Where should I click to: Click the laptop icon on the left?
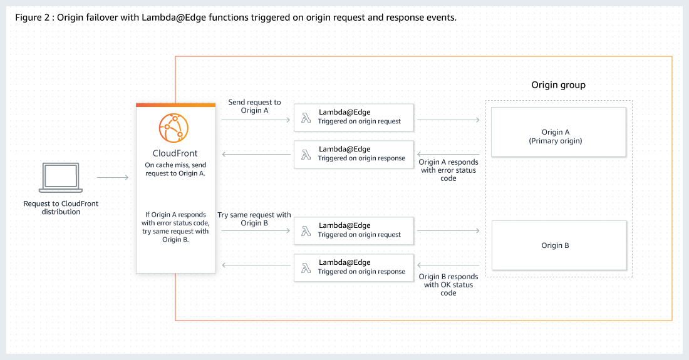[61, 178]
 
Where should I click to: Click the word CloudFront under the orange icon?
[175, 153]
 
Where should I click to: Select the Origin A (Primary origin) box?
[559, 132]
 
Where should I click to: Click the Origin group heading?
[558, 85]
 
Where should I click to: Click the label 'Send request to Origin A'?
[254, 106]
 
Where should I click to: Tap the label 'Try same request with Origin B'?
[254, 219]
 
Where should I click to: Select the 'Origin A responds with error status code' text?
[448, 170]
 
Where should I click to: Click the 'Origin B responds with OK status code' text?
[448, 284]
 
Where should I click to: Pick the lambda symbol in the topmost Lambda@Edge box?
[306, 117]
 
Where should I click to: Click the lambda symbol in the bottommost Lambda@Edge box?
[306, 267]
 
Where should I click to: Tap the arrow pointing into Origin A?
[448, 118]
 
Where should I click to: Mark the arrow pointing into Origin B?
[448, 231]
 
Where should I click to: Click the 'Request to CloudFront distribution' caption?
[61, 208]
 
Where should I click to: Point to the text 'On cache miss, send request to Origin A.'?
[175, 170]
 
